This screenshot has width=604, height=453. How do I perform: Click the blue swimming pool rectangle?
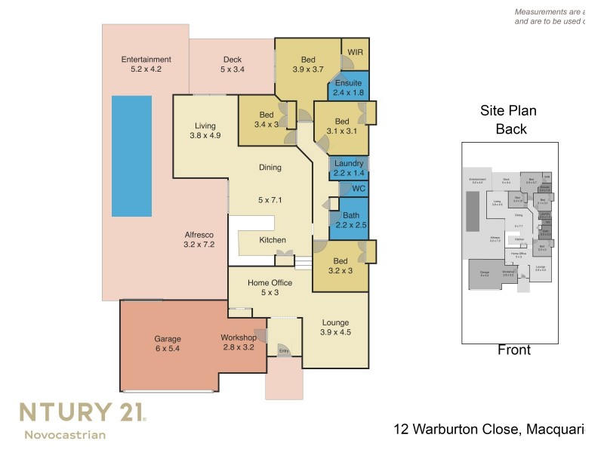131,156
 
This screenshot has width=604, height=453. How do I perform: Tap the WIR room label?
355,52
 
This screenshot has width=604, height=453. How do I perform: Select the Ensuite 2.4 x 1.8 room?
348,88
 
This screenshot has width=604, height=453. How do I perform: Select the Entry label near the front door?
284,351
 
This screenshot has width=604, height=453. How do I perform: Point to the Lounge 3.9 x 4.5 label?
335,326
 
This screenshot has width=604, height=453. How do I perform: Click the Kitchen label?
273,240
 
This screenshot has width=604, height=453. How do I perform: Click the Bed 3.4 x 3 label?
266,119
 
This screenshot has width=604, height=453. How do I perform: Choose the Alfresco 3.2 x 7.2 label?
199,239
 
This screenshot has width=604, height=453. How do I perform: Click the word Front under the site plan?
513,350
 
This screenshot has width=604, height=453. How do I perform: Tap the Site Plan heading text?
508,111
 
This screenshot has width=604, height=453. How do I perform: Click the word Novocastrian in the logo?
65,434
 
